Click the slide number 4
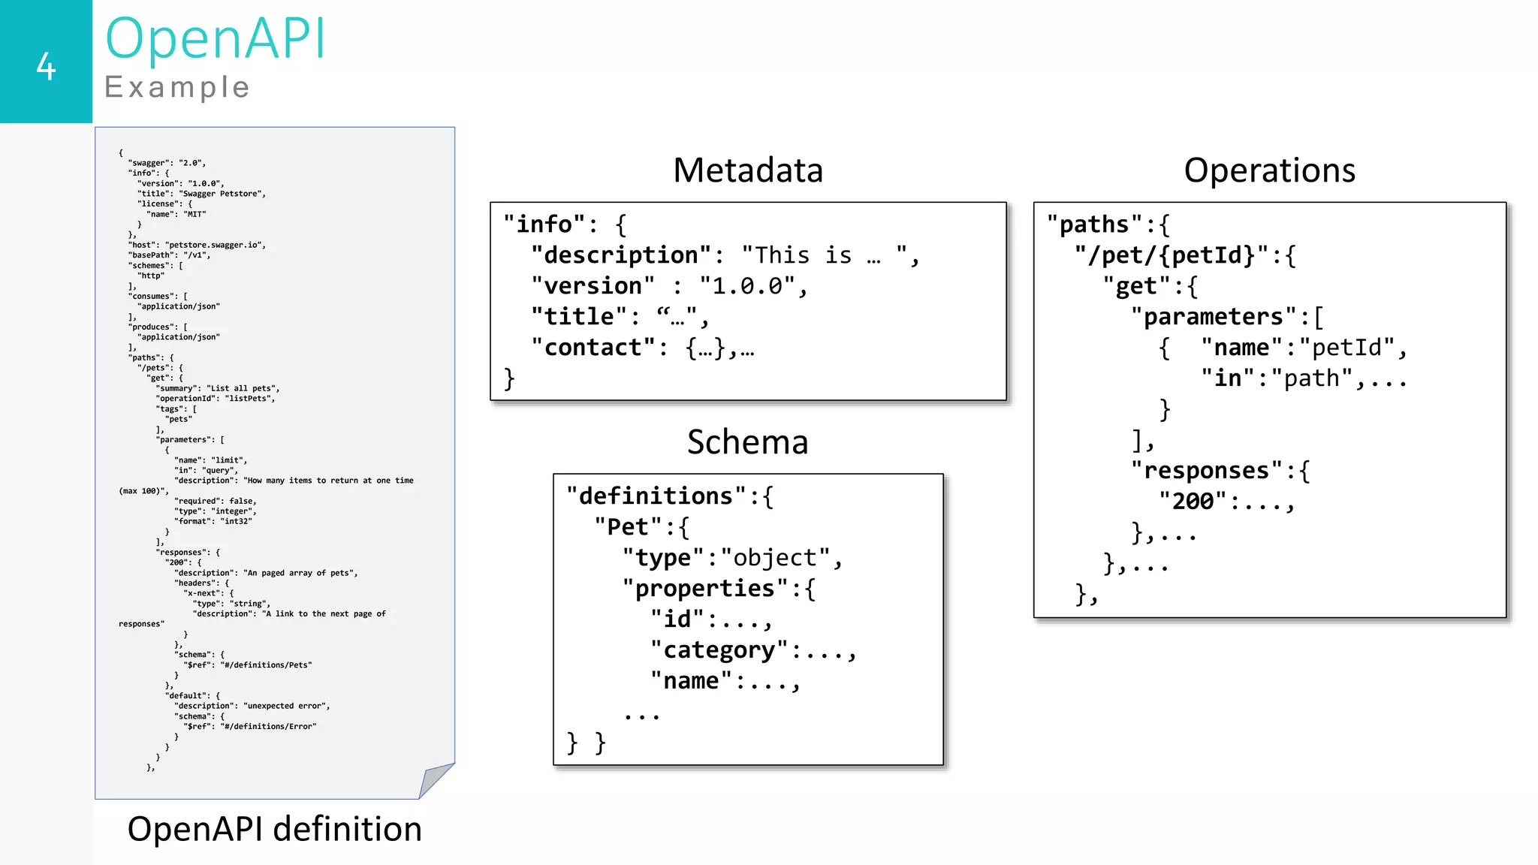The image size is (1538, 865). (x=46, y=67)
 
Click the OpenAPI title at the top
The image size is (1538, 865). (x=216, y=38)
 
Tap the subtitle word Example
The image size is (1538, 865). (x=177, y=88)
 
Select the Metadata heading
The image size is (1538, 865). (x=748, y=170)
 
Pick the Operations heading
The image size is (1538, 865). (x=1269, y=170)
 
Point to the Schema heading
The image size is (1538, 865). (x=747, y=442)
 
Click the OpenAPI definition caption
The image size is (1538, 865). (x=274, y=830)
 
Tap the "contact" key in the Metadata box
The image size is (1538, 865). (x=593, y=348)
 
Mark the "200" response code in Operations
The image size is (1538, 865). (x=1193, y=502)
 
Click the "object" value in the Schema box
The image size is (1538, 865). (x=775, y=558)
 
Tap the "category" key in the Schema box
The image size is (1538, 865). (x=719, y=650)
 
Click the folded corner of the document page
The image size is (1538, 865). (x=435, y=780)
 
